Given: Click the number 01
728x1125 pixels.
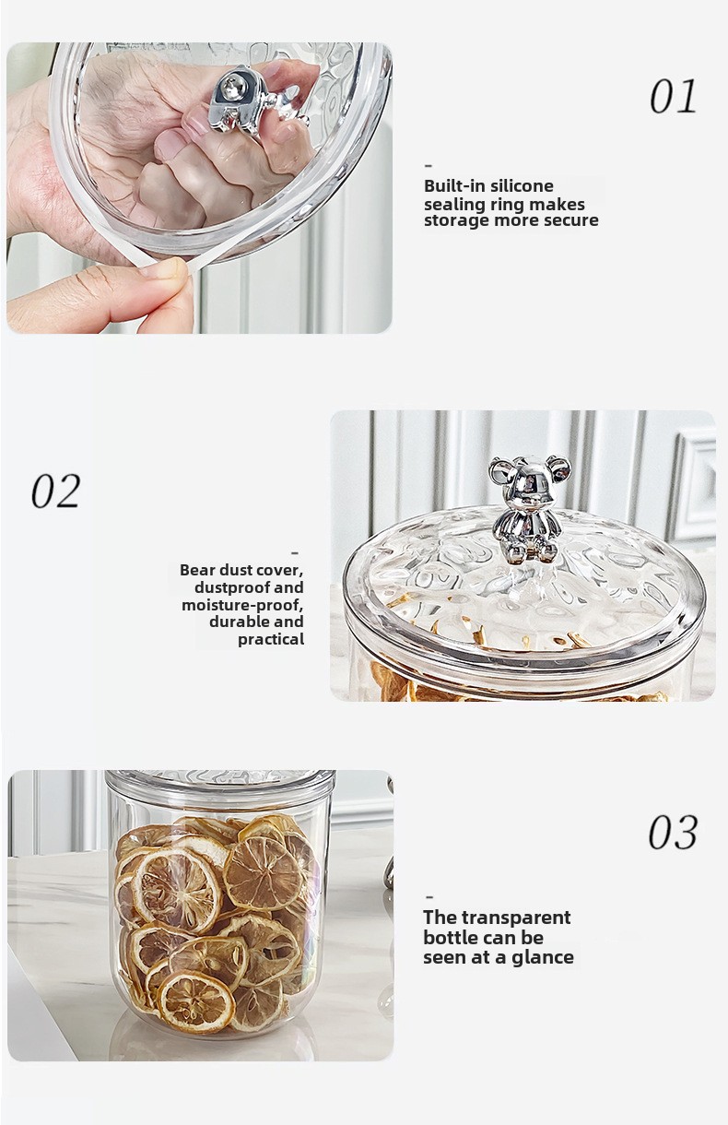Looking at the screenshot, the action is pos(673,97).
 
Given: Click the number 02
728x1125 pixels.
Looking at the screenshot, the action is pos(55,491).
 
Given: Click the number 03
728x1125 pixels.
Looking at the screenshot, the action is pos(673,832).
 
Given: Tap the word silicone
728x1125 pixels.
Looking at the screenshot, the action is pos(522,186).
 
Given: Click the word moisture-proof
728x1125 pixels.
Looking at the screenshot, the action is pos(242,605).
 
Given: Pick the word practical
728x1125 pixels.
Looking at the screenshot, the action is pos(271,639).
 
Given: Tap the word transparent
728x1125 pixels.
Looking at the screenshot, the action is pos(516,918).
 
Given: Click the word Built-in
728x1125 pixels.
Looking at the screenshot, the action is pos(455,186).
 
